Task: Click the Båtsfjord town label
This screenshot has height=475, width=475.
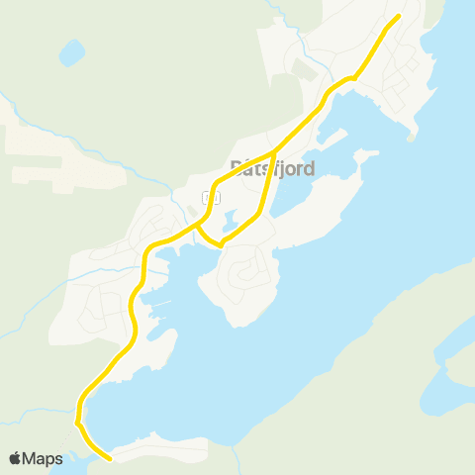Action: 271,168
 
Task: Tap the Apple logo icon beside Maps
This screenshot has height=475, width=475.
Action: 15,458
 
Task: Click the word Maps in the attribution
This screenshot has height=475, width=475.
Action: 43,458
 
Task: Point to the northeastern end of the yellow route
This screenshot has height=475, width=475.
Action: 398,15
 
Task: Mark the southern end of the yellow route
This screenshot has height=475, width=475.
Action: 109,458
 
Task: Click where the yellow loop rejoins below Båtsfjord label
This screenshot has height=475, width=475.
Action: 272,154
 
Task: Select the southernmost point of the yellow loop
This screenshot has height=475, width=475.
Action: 221,242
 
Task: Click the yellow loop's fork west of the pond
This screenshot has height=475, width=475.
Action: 197,226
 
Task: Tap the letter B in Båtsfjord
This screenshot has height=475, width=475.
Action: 236,168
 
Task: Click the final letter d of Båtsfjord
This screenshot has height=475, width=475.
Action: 309,168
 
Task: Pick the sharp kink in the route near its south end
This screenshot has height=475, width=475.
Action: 77,423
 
